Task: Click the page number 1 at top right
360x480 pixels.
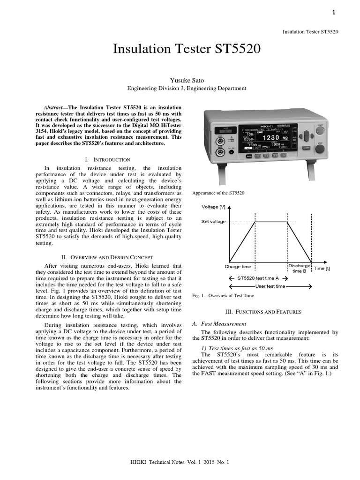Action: [334, 13]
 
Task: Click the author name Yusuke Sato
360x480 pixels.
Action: [187, 81]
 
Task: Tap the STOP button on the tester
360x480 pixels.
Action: [320, 149]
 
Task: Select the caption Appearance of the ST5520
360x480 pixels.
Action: [218, 193]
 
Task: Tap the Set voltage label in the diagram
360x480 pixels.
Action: [213, 222]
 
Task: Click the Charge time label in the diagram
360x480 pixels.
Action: [238, 267]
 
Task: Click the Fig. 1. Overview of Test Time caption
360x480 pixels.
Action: [223, 296]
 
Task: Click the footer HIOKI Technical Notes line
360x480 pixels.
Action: [180, 462]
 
